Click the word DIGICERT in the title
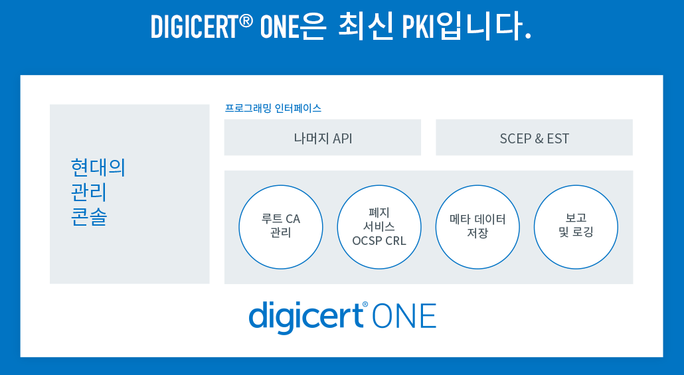point(195,27)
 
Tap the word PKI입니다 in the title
point(466,27)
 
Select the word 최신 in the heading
point(365,27)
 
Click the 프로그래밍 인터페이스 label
point(273,108)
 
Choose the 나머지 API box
point(322,137)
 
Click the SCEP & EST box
point(534,137)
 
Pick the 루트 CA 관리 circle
point(281,227)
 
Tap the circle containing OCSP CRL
point(379,227)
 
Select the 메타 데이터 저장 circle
point(477,227)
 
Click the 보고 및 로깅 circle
point(576,227)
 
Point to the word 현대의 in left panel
point(98,168)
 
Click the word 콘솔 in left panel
point(89,217)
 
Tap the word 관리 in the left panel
point(89,192)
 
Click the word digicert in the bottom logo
point(305,317)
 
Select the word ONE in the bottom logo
point(404,316)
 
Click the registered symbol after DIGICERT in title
point(246,20)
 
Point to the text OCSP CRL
point(379,241)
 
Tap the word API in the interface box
point(343,139)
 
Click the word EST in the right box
point(558,139)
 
